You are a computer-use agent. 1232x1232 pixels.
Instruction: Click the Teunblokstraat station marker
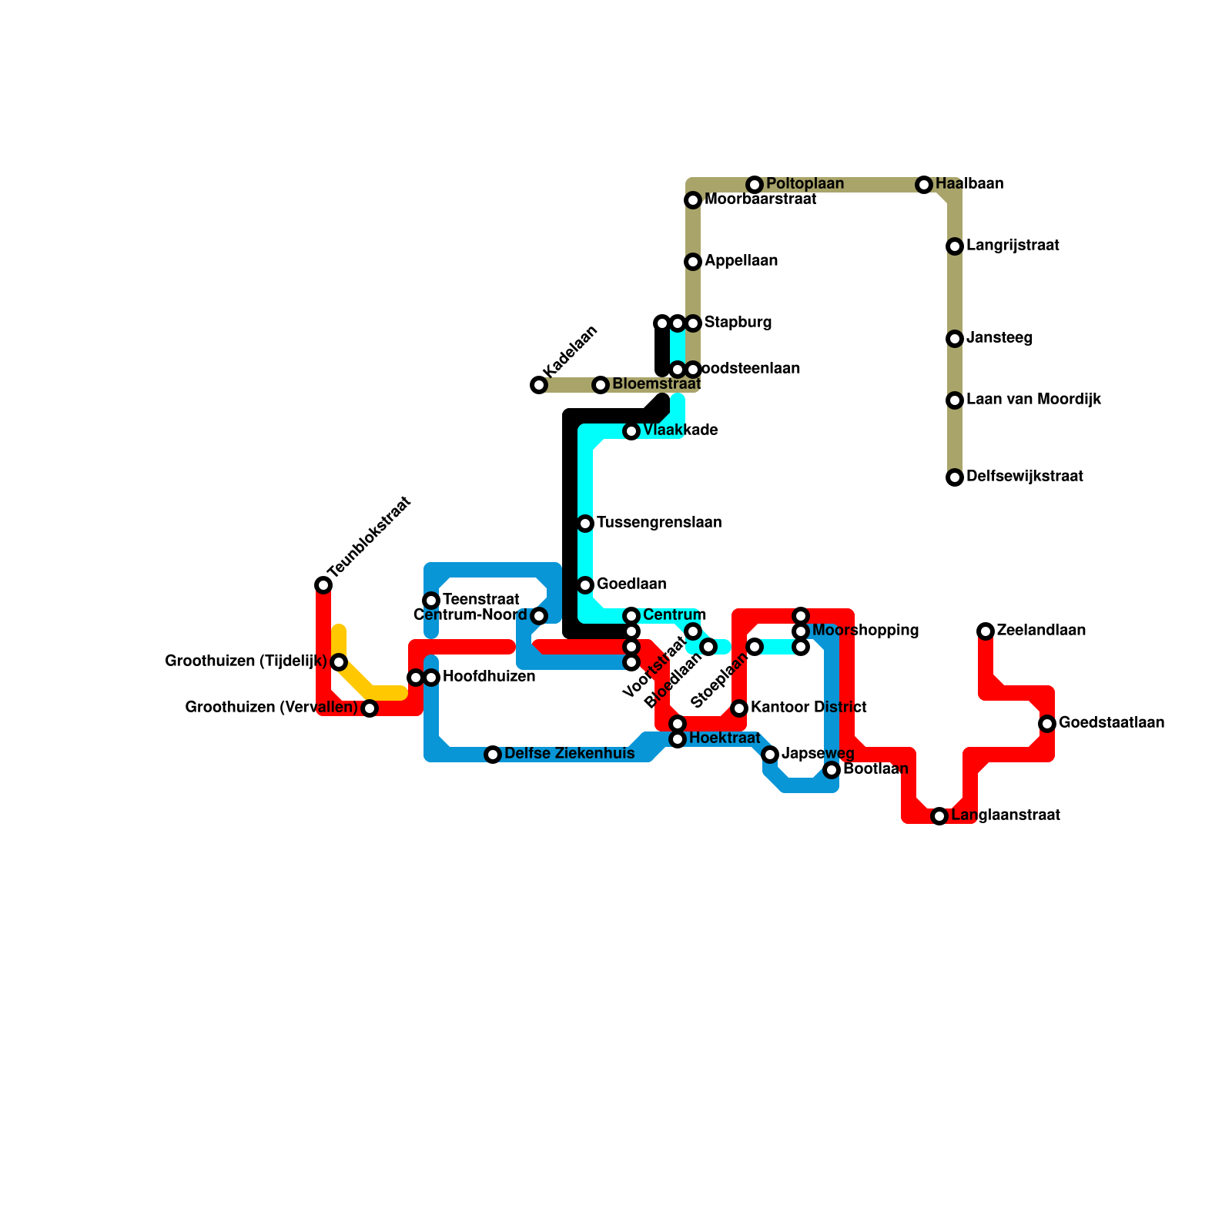click(323, 586)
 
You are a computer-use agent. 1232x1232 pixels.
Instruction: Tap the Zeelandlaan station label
click(1041, 631)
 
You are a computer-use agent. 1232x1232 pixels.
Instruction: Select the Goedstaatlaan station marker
click(1047, 724)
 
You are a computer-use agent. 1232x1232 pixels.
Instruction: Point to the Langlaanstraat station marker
click(939, 816)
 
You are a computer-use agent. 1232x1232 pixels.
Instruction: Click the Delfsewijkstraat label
click(1024, 477)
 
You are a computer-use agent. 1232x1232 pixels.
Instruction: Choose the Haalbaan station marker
click(924, 185)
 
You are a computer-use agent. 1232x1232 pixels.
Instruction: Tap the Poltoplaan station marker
click(755, 185)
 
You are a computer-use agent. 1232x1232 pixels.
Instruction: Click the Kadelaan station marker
click(539, 385)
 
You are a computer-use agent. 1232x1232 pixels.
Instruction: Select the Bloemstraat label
click(656, 384)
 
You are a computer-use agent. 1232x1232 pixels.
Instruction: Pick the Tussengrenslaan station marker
click(585, 524)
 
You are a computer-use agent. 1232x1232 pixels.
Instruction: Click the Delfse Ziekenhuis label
click(569, 754)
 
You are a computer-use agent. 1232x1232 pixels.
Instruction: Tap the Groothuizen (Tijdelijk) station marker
click(339, 662)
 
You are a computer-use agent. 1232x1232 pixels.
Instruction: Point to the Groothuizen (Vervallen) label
click(272, 708)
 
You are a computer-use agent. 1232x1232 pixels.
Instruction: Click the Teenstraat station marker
click(431, 601)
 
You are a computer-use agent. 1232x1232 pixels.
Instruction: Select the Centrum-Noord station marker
click(539, 616)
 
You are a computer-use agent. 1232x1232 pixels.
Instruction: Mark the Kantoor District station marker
click(739, 708)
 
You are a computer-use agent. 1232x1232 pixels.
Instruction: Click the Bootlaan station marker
click(832, 770)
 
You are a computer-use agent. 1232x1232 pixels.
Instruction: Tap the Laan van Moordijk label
click(1033, 400)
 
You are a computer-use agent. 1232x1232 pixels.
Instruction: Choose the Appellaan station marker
click(693, 262)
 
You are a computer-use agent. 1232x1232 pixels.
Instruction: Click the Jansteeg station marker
click(955, 339)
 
